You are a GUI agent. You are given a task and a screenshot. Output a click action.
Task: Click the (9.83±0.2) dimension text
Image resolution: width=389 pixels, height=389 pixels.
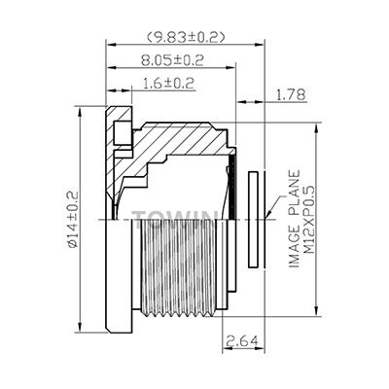(x=186, y=37)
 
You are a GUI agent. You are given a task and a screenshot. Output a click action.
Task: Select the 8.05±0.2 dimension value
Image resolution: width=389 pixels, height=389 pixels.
(x=172, y=60)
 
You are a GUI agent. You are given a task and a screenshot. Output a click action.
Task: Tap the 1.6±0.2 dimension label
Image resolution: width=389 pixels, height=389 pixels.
(x=168, y=84)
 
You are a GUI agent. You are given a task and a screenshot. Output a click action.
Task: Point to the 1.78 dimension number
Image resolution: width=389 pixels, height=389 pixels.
(x=291, y=95)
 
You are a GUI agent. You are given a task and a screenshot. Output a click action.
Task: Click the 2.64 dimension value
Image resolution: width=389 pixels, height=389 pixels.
(x=243, y=340)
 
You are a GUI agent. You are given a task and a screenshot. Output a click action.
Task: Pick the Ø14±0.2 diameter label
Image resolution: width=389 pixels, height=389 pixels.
(x=73, y=220)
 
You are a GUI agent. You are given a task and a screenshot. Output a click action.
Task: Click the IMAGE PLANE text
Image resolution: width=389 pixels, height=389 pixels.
(x=295, y=219)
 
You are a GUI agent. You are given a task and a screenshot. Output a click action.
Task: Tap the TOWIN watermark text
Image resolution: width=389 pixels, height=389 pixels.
(x=174, y=216)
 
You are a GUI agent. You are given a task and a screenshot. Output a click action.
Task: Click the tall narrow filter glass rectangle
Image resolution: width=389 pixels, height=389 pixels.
(x=253, y=220)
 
